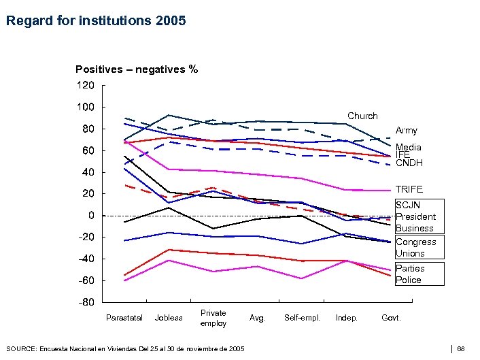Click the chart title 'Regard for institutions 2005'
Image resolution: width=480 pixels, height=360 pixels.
tap(95, 21)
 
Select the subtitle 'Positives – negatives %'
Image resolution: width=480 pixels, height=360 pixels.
tap(137, 69)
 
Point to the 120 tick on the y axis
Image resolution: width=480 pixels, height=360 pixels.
tap(85, 85)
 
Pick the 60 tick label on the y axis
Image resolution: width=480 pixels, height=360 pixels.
tap(88, 150)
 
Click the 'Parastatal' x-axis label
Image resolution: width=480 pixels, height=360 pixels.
tap(124, 318)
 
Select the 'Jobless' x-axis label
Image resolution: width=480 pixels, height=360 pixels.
tap(169, 318)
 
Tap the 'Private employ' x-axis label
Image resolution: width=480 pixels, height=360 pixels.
tap(213, 318)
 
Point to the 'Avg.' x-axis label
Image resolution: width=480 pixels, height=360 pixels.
tap(257, 318)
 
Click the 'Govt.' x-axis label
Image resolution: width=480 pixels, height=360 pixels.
tap(391, 318)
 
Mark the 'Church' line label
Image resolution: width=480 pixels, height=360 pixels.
tap(362, 116)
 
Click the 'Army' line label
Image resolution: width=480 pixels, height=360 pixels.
tap(407, 131)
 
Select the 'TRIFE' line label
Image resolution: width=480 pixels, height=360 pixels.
tap(409, 189)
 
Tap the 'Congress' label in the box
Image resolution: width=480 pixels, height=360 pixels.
tap(416, 242)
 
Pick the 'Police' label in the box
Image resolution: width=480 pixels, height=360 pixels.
tap(409, 280)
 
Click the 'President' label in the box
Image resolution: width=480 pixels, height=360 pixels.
tap(415, 217)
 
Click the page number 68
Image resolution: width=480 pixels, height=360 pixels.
tap(461, 349)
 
